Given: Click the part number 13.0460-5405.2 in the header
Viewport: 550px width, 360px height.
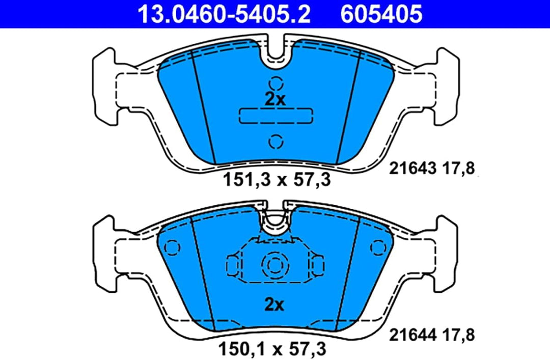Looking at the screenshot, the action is point(224,14).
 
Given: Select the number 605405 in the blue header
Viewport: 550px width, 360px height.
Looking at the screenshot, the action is point(381,14).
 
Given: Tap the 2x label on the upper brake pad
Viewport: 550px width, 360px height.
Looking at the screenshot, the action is point(275,100).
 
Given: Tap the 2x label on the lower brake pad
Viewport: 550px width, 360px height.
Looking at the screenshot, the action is point(274,304).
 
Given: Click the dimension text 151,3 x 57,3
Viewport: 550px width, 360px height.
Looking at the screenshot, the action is point(277,180).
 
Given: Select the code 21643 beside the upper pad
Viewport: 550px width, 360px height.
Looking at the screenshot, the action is point(413,169).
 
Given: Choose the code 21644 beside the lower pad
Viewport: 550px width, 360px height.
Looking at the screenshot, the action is point(413,335).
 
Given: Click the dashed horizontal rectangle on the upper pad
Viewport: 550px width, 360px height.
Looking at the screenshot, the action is point(276,116).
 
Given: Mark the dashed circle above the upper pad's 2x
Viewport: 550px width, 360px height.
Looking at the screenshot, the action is point(276,84).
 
